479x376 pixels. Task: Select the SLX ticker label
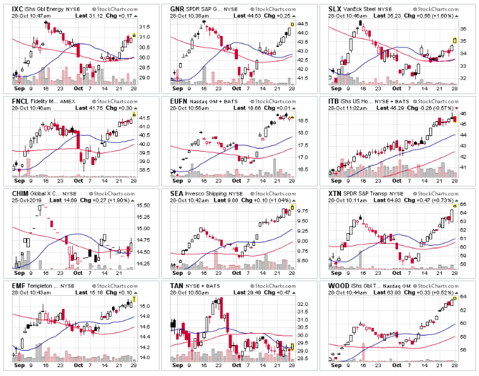coord(335,8)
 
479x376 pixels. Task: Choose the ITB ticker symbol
coord(334,100)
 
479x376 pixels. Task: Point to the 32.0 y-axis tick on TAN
coord(303,305)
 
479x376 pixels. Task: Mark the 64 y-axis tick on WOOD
coord(463,297)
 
